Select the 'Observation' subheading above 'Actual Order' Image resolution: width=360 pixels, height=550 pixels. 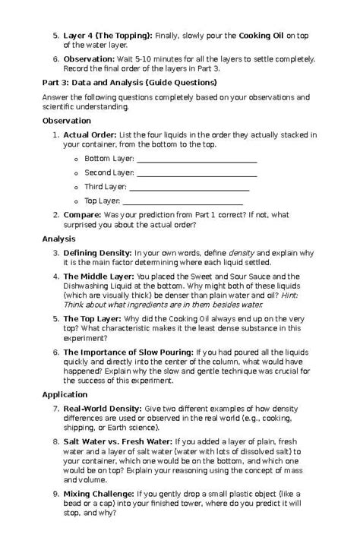(67, 121)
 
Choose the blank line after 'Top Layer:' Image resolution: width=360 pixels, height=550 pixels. (182, 201)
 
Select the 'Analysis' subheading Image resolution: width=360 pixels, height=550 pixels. (58, 239)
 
